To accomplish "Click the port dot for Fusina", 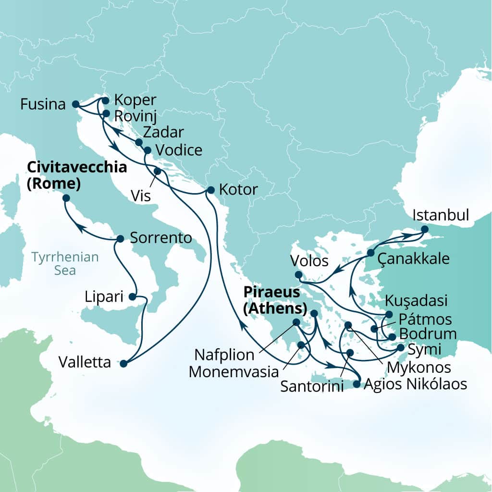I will pos(75,104).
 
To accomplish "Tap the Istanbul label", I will pos(440,215).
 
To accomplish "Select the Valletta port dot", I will pos(123,364).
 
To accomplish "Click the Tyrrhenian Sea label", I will pos(65,263).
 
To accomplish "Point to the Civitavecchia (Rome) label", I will pos(77,175).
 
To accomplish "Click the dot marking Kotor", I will pos(210,190).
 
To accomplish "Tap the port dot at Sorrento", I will pos(121,238).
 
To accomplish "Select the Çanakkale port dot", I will pos(371,252).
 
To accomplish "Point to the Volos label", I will pos(309,262).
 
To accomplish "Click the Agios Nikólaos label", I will pos(415,384).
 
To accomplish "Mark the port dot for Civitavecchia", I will pos(66,198).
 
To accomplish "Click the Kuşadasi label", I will pos(417,301).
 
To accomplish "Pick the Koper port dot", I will pos(106,100).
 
